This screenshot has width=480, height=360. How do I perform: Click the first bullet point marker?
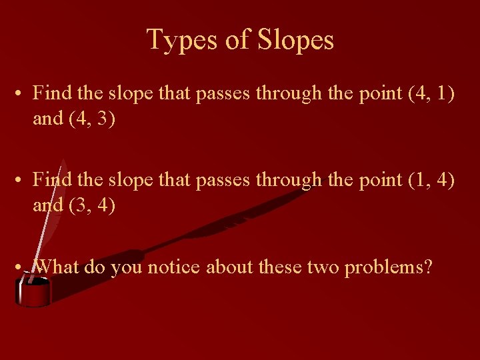click(x=21, y=93)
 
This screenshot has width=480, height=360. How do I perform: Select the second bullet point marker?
click(x=21, y=180)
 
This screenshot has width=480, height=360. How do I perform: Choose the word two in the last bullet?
click(x=323, y=267)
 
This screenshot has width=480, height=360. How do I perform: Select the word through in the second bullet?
click(x=289, y=181)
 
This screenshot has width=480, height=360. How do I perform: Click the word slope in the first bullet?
click(x=130, y=94)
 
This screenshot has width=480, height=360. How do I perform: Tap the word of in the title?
click(x=237, y=41)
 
